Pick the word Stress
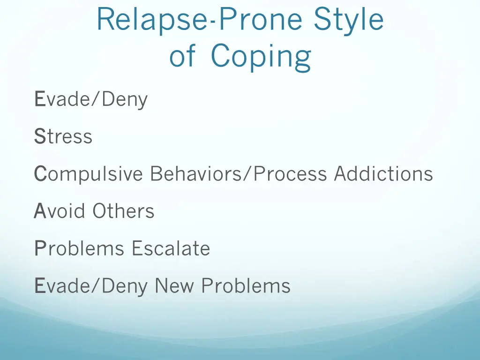pyautogui.click(x=63, y=137)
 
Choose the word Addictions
pyautogui.click(x=383, y=174)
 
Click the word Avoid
pyautogui.click(x=60, y=211)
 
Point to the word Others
pyautogui.click(x=123, y=211)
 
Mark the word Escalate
pyautogui.click(x=171, y=248)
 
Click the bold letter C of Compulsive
pyautogui.click(x=40, y=174)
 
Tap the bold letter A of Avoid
pyautogui.click(x=39, y=211)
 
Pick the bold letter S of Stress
pyautogui.click(x=39, y=137)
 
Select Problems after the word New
pyautogui.click(x=246, y=285)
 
